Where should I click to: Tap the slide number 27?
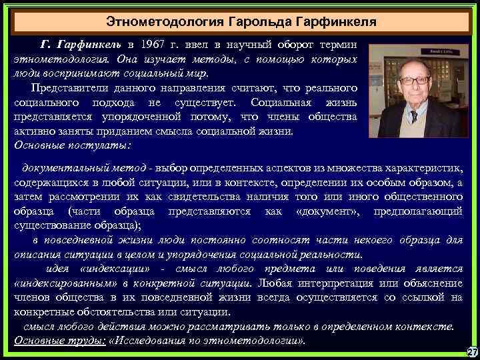pyautogui.click(x=471, y=352)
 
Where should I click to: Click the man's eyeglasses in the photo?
pyautogui.click(x=413, y=80)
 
